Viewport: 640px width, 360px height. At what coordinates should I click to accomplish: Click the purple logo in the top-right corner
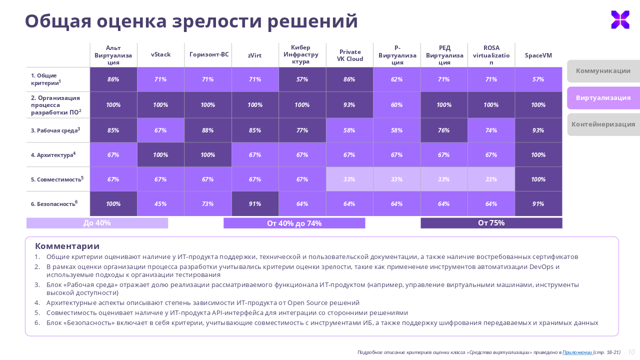620,19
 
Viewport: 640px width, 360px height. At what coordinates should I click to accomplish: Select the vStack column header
160,54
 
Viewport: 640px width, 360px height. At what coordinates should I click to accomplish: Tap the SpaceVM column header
538,55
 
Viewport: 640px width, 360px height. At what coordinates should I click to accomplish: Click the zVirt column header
255,55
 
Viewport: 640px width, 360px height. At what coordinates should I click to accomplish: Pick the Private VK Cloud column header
349,55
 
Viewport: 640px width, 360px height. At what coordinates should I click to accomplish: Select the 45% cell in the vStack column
160,204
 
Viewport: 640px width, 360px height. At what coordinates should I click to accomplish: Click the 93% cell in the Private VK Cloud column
349,105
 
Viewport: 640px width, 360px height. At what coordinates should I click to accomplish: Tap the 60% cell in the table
396,105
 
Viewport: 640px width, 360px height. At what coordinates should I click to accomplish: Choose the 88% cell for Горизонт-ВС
207,130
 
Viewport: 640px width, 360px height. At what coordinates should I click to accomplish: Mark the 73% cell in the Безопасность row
207,204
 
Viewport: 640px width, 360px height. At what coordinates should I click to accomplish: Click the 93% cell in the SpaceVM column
538,130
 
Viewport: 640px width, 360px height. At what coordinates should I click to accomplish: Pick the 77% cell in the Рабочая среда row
302,130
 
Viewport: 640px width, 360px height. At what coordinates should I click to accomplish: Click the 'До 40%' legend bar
97,223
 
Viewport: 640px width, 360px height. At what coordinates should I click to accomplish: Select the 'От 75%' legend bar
491,223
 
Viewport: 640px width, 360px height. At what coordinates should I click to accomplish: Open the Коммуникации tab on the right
603,71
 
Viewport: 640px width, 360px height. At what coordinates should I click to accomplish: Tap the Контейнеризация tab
603,124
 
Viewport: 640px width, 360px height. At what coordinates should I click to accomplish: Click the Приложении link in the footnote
577,352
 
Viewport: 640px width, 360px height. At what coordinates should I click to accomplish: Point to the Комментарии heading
67,246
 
